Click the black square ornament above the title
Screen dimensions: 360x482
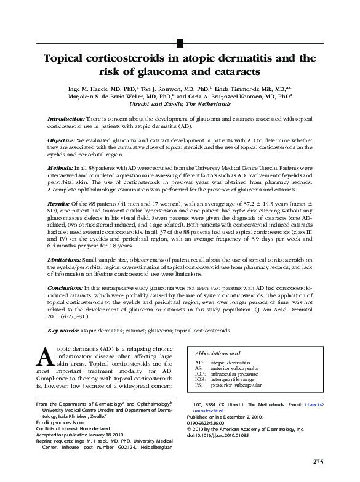pos(180,42)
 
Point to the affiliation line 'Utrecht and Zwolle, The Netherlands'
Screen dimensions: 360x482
pos(180,105)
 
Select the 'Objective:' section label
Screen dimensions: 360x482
pos(62,140)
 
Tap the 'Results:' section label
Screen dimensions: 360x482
pos(58,203)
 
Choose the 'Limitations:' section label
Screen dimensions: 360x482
pos(64,261)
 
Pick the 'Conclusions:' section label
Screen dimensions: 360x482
pos(65,289)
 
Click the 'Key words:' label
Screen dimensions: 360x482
pos(63,331)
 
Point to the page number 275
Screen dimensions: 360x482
pos(318,462)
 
